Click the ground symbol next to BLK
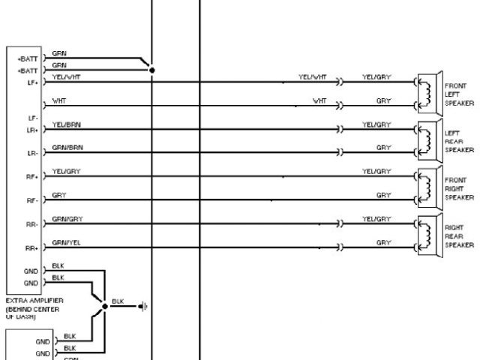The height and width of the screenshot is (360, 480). point(143,306)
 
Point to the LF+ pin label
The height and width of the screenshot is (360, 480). point(32,83)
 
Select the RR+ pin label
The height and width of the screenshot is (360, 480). point(31,248)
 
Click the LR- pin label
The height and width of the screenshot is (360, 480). point(32,153)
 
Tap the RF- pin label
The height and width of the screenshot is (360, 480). point(32,201)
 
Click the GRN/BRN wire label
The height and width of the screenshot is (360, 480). point(67,148)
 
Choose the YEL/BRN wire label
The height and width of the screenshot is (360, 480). point(67,124)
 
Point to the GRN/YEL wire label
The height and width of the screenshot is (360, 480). point(66,242)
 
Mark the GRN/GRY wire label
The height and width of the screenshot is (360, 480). point(67,218)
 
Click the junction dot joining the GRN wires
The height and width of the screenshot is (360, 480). point(152,70)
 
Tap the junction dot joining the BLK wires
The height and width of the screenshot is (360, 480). point(105,306)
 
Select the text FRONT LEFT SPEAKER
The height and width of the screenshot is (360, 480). point(457,94)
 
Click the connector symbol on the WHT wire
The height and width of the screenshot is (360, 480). point(340,106)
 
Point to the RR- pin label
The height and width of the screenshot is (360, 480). point(32,224)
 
